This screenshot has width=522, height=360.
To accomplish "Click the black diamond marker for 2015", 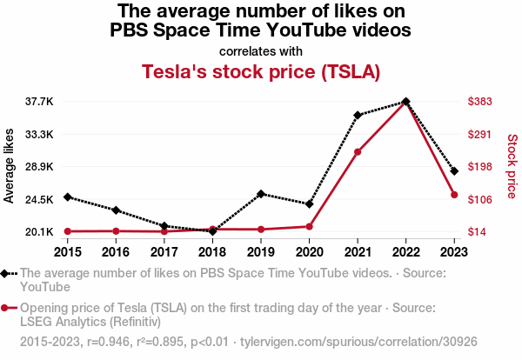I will (67, 197).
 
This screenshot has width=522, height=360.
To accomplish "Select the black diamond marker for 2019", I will (261, 194).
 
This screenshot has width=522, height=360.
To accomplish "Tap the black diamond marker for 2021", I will (358, 115).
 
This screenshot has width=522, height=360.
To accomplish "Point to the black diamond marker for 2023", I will (454, 171).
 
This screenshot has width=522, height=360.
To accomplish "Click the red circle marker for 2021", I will (358, 152).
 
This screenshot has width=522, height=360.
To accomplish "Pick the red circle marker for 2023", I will (454, 195).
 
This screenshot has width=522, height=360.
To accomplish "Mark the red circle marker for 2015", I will (67, 231).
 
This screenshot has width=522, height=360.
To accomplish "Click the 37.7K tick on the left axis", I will (39, 102).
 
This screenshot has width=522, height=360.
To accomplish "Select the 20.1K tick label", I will (39, 231).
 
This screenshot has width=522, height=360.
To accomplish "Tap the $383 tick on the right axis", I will (480, 102).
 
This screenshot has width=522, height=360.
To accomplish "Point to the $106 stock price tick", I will (480, 199).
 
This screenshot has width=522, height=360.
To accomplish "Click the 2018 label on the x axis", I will (212, 252).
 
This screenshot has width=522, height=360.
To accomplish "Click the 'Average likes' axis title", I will (10, 166).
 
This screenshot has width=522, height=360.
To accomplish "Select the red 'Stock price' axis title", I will (512, 166).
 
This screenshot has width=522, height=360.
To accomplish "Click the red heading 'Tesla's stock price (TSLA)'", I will (261, 71).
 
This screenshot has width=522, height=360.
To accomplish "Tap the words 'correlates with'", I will (261, 50).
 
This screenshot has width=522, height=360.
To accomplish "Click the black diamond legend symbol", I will (7, 273).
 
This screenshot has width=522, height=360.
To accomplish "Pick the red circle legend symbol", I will (7, 308).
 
